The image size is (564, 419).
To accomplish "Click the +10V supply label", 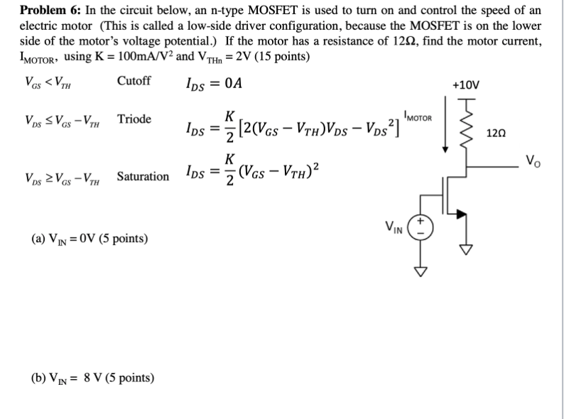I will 466,85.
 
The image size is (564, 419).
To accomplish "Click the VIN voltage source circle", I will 420,228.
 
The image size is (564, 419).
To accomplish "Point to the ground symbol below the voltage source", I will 420,270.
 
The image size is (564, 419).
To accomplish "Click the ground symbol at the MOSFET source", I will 467,251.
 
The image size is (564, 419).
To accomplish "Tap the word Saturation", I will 143,175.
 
